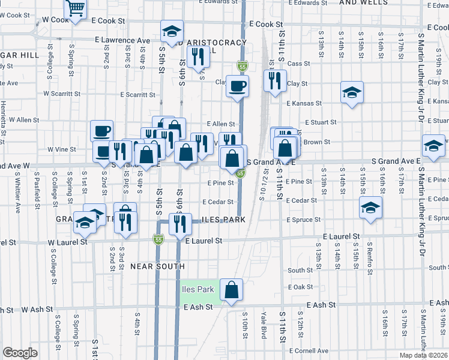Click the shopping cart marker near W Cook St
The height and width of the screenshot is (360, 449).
76,9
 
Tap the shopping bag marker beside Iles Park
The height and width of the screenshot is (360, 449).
231,290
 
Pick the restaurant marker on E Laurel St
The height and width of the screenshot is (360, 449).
179,226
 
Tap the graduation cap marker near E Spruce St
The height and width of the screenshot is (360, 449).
370,208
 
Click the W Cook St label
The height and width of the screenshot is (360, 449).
57,20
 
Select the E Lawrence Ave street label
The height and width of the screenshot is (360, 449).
122,40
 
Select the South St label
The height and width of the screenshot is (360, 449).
300,271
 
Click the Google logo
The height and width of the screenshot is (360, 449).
20,353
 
